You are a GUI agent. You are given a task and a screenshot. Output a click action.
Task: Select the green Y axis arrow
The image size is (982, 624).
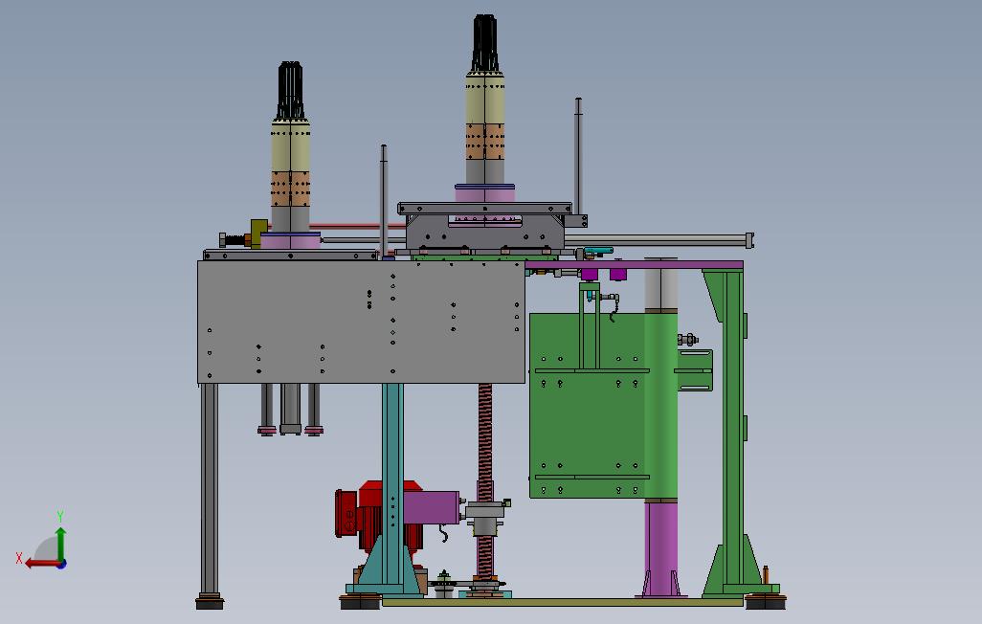[x=60, y=544]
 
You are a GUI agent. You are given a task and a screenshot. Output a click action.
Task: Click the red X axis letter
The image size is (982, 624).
[x=19, y=558]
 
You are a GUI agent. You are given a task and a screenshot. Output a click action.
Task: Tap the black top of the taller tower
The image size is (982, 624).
[x=484, y=43]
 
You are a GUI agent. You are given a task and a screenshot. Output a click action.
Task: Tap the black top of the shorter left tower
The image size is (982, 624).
[x=290, y=90]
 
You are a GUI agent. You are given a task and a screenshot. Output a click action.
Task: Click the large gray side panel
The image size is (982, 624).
[x=362, y=322]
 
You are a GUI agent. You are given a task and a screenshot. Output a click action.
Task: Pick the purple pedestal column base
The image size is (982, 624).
[x=660, y=548]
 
